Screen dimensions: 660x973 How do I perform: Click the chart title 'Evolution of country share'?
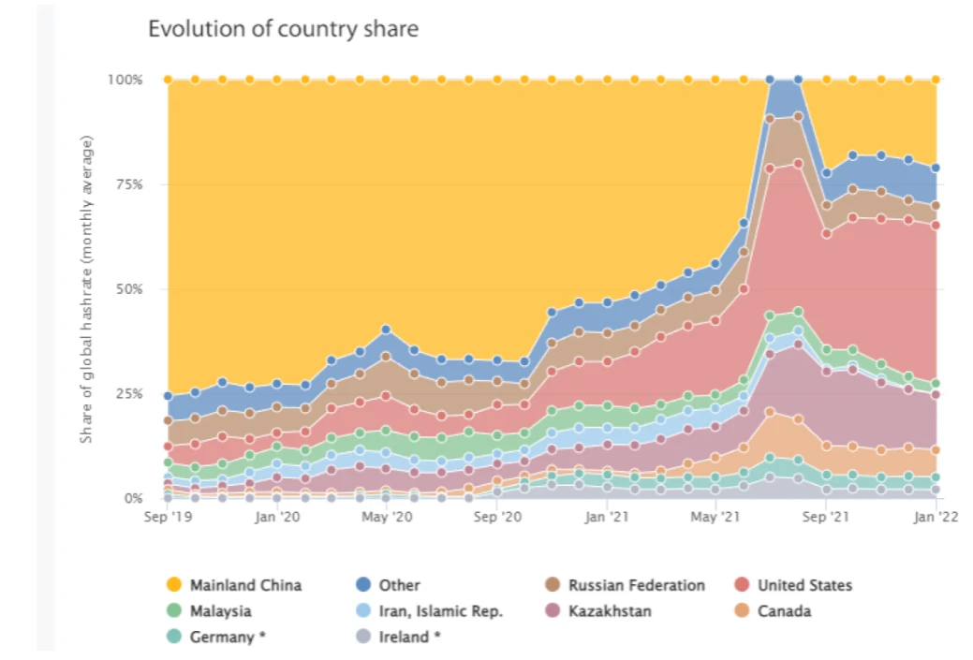pyautogui.click(x=283, y=29)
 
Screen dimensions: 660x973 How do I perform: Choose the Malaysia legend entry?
pyautogui.click(x=220, y=611)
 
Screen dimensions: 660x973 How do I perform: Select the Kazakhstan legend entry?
pyautogui.click(x=610, y=611)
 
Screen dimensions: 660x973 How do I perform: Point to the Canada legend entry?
pyautogui.click(x=784, y=611)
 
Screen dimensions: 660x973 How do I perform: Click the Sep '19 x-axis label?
pyautogui.click(x=168, y=516)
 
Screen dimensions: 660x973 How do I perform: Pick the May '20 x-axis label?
pyautogui.click(x=387, y=516)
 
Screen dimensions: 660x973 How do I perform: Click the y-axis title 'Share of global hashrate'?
pyautogui.click(x=87, y=289)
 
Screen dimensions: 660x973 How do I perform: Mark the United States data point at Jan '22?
pyautogui.click(x=936, y=225)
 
